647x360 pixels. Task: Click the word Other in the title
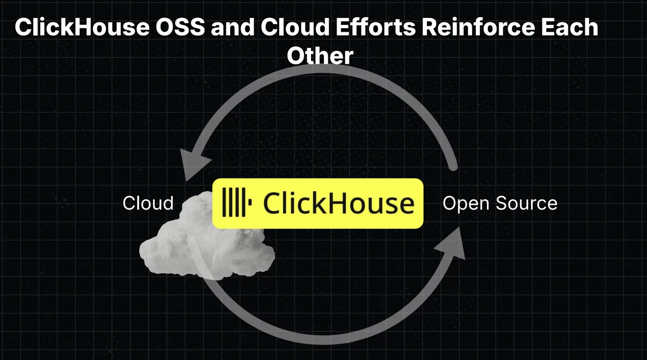coord(320,56)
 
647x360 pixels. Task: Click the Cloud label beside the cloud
coord(148,203)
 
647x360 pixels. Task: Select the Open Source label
coord(500,203)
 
